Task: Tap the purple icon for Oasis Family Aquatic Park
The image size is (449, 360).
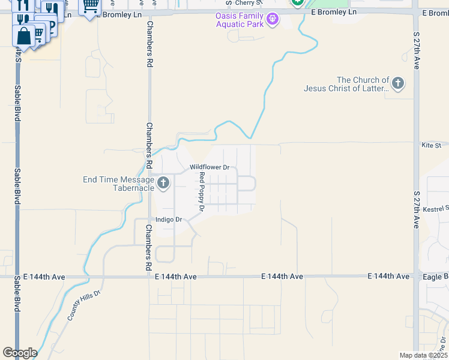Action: [273, 20]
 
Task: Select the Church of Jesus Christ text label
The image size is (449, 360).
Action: [354, 84]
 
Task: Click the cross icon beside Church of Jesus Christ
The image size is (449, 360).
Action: [398, 83]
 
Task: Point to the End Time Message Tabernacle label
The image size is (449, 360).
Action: [118, 184]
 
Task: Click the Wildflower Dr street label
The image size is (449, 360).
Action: [210, 167]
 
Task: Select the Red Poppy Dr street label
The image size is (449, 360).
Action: [202, 193]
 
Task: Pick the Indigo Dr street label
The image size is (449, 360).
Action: [169, 220]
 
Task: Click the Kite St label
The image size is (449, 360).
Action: [431, 145]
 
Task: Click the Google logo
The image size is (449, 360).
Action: [20, 353]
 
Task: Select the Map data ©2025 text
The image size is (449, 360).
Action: [423, 355]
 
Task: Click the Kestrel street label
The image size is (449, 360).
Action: [436, 209]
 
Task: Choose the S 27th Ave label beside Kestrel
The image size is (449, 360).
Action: [415, 209]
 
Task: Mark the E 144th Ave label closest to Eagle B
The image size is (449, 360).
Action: [388, 276]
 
